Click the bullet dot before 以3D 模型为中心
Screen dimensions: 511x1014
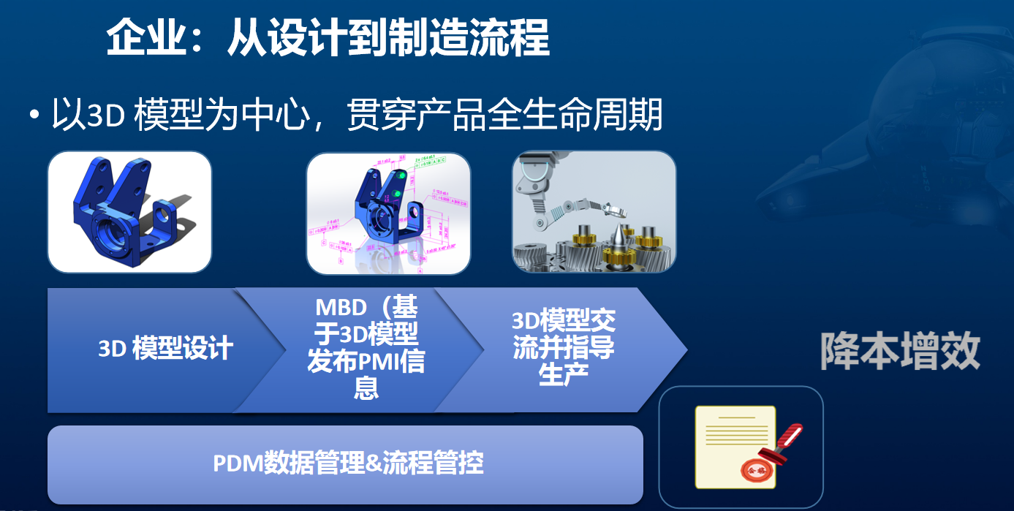tap(34, 116)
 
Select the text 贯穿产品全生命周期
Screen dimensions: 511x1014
tap(504, 115)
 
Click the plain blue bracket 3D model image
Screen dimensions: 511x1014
tap(129, 212)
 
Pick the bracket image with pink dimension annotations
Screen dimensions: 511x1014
tap(388, 213)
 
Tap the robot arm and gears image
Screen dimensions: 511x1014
tap(594, 212)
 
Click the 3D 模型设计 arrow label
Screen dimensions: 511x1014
tap(165, 349)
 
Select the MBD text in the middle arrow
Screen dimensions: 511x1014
tap(341, 307)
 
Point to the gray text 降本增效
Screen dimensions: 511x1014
tap(899, 352)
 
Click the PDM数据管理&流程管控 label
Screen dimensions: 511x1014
tap(348, 463)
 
